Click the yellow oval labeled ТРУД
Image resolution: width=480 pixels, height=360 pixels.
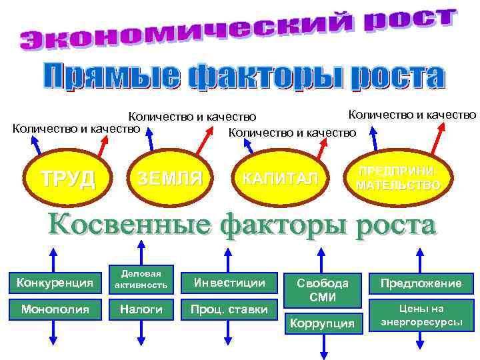pyautogui.click(x=67, y=178)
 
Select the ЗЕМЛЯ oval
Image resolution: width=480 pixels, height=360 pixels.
pyautogui.click(x=169, y=178)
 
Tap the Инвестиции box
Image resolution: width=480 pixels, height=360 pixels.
pyautogui.click(x=229, y=283)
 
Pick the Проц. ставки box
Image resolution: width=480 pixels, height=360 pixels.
pyautogui.click(x=229, y=309)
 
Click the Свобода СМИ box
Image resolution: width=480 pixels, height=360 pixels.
pyautogui.click(x=323, y=289)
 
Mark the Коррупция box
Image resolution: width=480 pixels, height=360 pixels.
pyautogui.click(x=323, y=323)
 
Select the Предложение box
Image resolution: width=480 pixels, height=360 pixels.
pyautogui.click(x=421, y=283)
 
